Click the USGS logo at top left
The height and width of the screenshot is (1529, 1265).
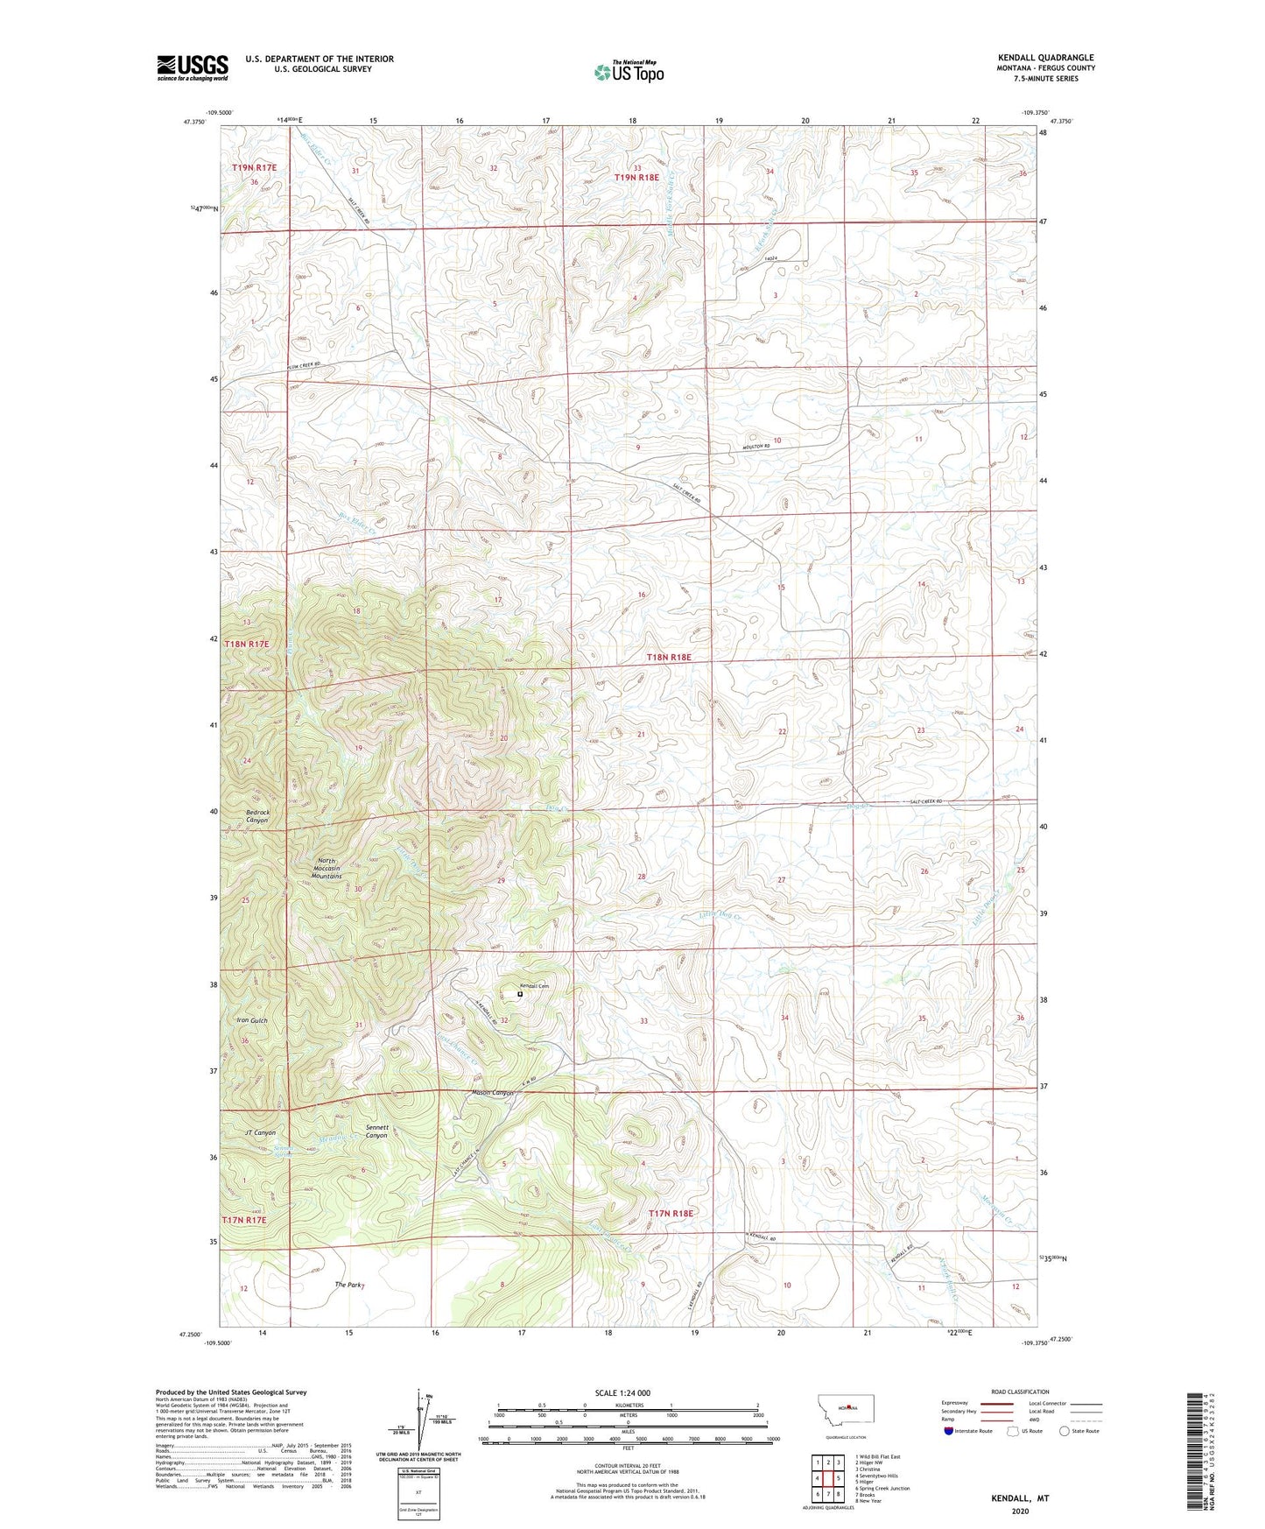pos(192,67)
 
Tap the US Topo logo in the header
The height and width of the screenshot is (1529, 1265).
pos(628,72)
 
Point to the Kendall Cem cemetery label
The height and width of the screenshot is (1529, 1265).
pos(533,986)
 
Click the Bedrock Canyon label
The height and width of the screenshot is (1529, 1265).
pos(257,816)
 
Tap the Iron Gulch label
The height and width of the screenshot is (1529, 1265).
pos(252,1020)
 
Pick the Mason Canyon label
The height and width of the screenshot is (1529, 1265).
pos(492,1093)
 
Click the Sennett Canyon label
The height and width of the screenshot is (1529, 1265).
pos(376,1131)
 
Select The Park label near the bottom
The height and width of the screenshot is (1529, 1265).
pos(348,1285)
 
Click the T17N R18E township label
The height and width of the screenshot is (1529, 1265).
pos(671,1213)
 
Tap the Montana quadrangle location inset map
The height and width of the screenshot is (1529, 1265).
pos(844,1410)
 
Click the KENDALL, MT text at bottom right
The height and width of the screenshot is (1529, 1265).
pos(1020,1498)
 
